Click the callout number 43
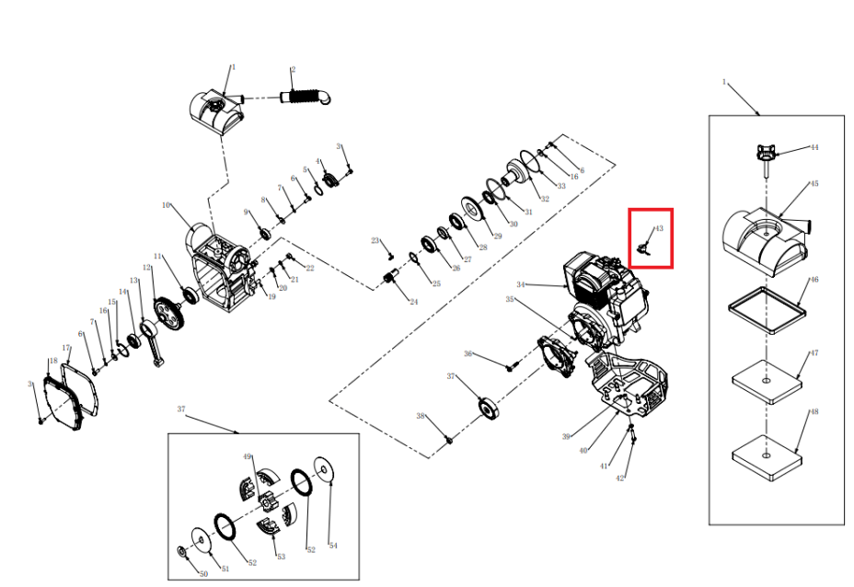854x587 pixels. (659, 228)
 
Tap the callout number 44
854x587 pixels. (814, 147)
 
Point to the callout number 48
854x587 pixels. (814, 411)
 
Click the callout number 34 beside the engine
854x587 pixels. (521, 284)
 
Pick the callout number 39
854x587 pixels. (567, 435)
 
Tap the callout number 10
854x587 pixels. (167, 205)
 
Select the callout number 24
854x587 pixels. (414, 302)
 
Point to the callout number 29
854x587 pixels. (498, 236)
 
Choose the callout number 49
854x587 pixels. (248, 456)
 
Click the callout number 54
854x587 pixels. (333, 546)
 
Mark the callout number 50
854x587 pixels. (203, 575)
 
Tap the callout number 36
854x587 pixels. (468, 354)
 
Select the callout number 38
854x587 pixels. (421, 417)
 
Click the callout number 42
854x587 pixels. (620, 478)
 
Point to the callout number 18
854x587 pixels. (52, 361)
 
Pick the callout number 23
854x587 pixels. (375, 241)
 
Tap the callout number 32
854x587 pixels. (545, 199)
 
